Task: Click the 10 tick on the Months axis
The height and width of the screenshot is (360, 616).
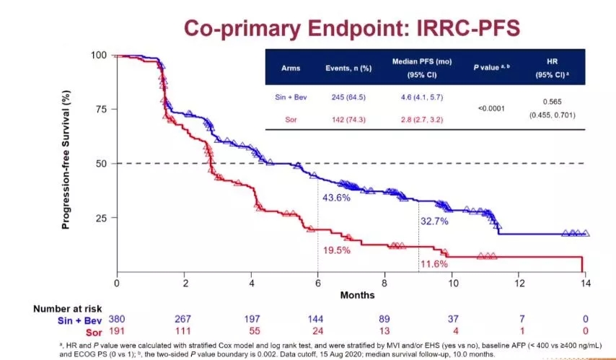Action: [452, 284]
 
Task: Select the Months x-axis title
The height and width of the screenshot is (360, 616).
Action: [358, 295]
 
